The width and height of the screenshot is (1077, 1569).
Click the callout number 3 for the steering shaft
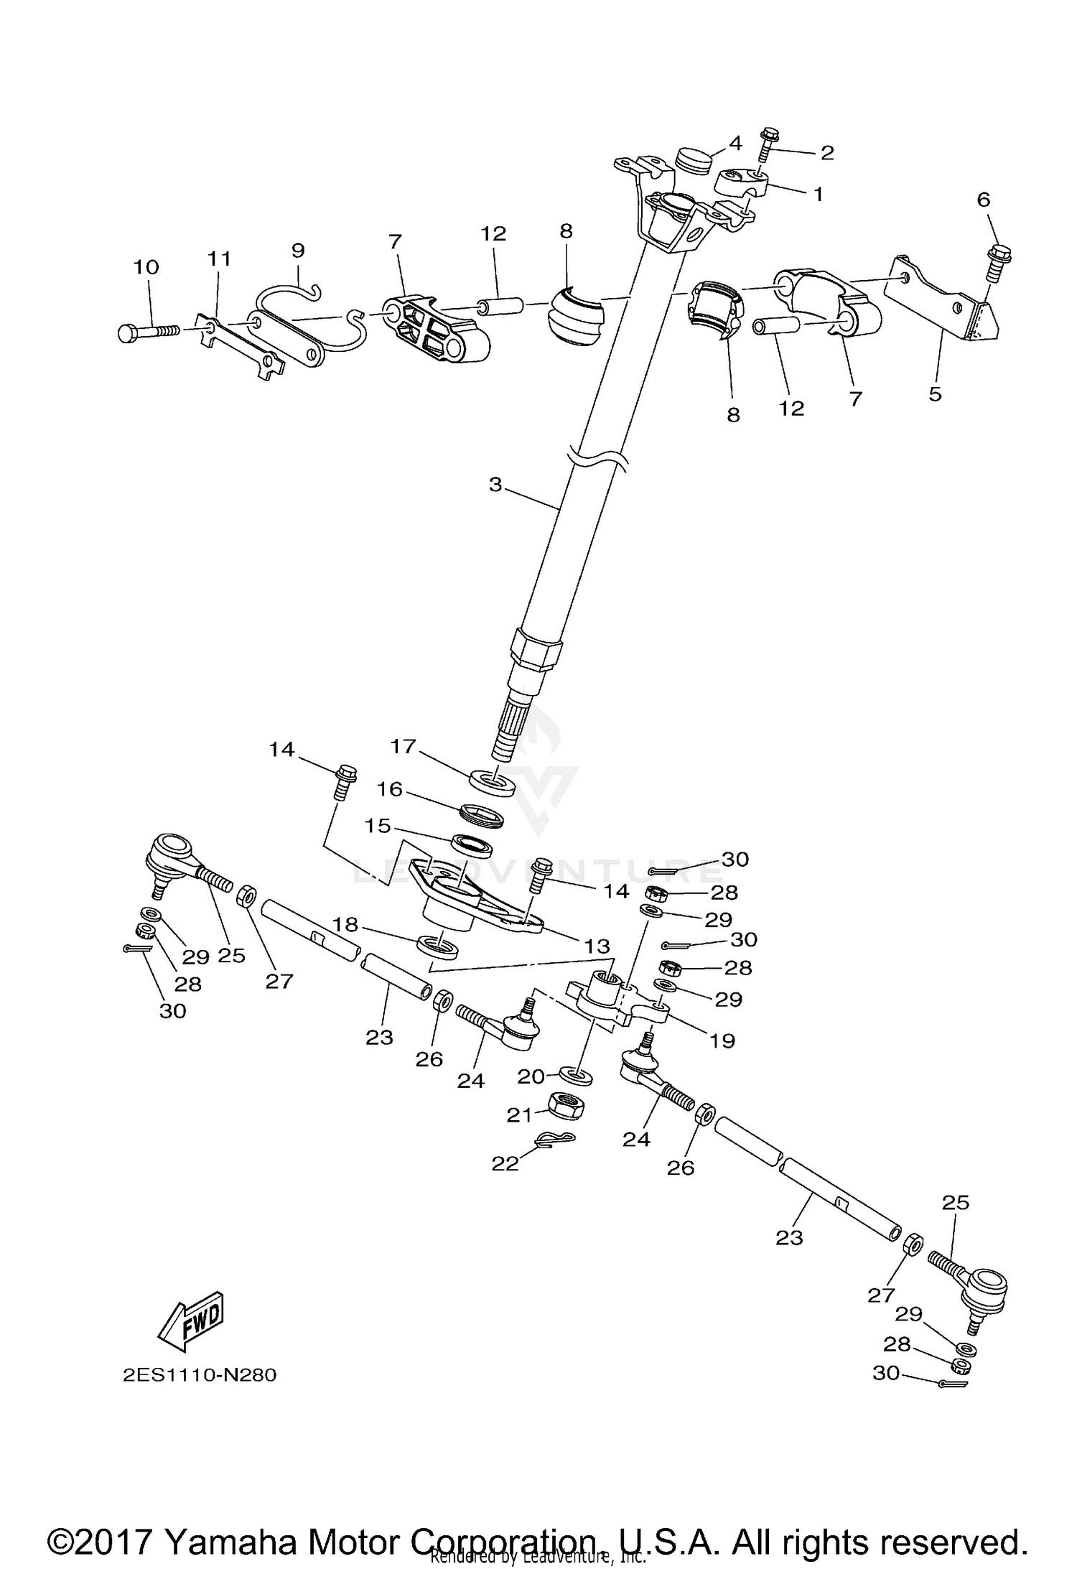[x=495, y=485]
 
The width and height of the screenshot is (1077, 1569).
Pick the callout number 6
[x=983, y=200]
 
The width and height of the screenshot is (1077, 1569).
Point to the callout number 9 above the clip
[x=298, y=251]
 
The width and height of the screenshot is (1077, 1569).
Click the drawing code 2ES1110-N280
[x=199, y=1375]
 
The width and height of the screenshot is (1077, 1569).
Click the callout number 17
[x=404, y=747]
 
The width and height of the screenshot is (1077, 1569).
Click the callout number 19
[x=722, y=1040]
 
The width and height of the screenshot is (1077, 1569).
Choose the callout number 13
[x=597, y=946]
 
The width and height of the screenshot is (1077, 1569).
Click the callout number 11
[x=220, y=259]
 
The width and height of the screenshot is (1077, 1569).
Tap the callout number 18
[x=345, y=924]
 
